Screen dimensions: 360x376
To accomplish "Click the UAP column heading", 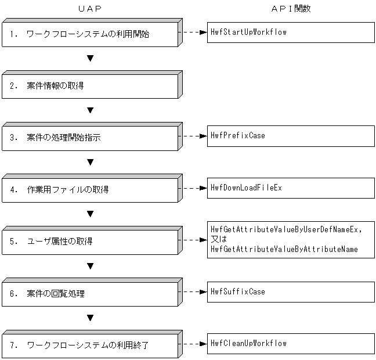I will (89, 9).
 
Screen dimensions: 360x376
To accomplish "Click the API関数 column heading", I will (291, 9).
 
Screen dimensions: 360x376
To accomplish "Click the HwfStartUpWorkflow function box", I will (291, 33).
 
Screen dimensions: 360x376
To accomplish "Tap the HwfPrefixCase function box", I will (291, 136).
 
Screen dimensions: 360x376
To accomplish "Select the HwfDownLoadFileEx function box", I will (291, 188).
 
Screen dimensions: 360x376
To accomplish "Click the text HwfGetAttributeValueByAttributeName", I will (284, 249).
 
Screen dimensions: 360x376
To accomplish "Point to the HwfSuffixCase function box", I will (291, 291).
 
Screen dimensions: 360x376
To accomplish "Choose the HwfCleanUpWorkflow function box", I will (291, 343).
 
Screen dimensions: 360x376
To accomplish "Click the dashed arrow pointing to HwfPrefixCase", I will (193, 136).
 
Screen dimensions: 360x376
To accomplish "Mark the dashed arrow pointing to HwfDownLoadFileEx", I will (193, 188).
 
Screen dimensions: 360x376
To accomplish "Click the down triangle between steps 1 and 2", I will (90, 59).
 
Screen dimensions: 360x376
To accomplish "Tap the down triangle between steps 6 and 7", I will (90, 318).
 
